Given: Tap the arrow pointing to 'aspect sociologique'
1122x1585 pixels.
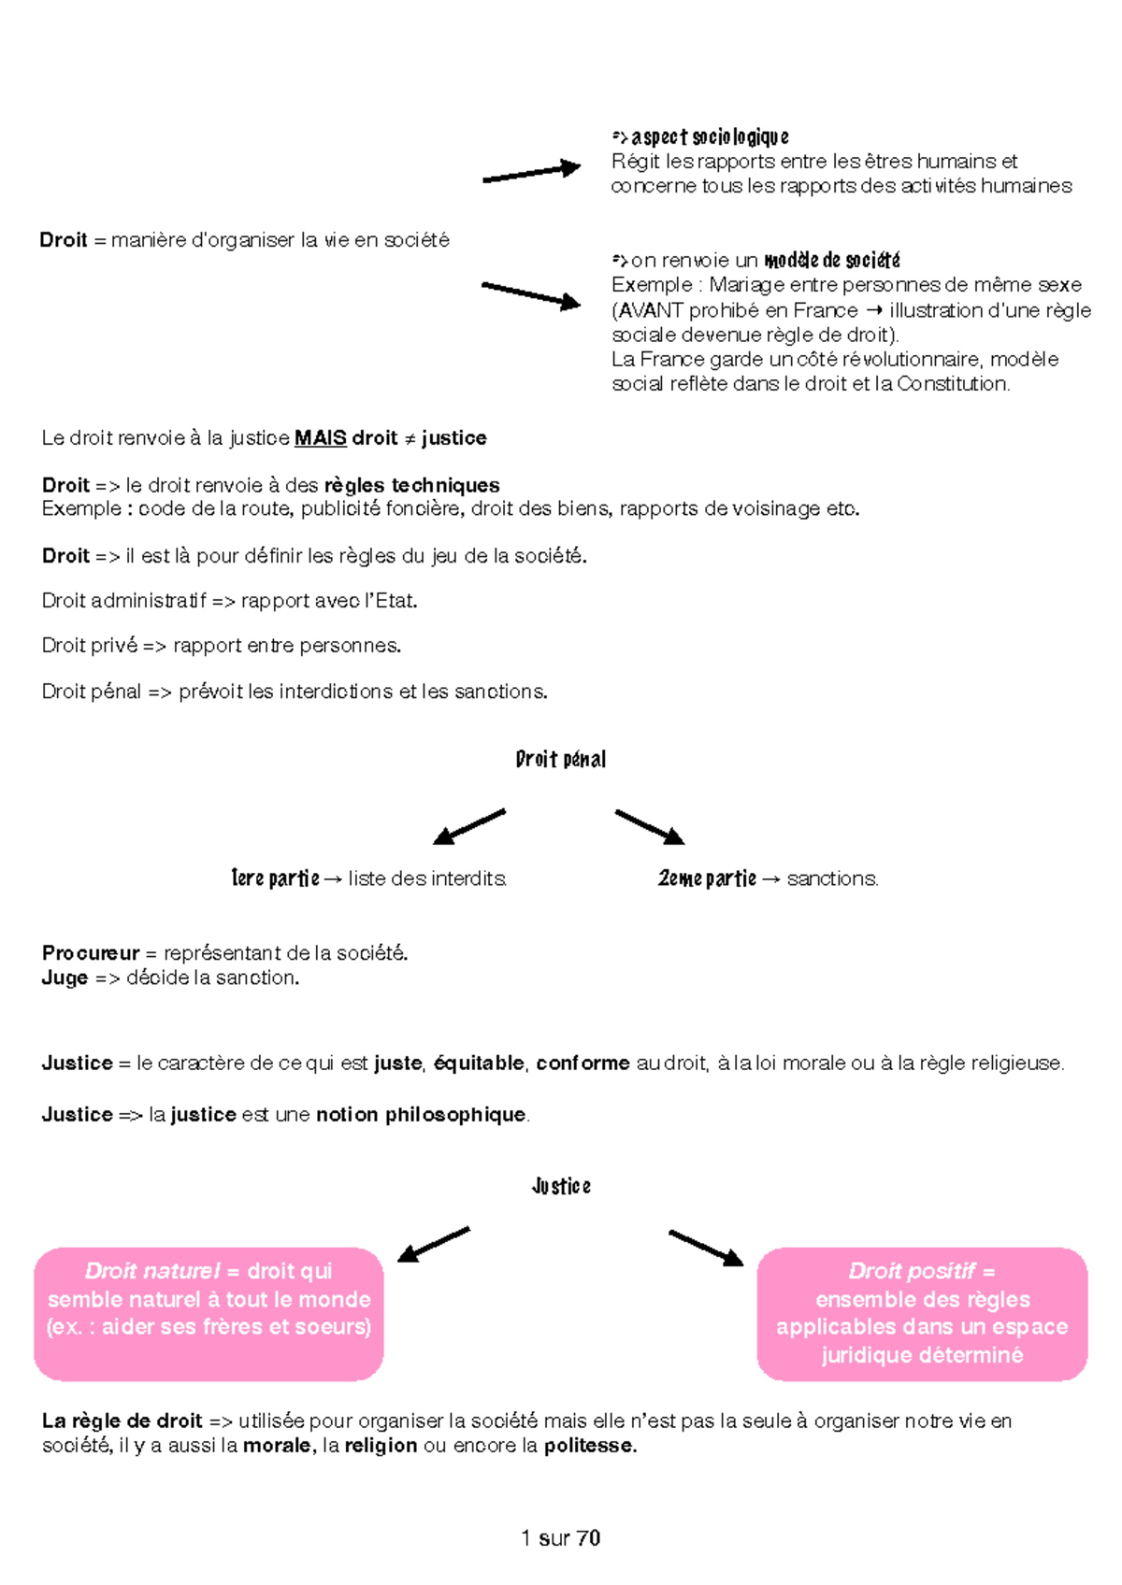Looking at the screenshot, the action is pos(531,172).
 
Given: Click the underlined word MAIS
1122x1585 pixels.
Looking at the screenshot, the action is pos(321,438).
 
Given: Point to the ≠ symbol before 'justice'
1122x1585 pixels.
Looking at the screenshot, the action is pos(410,439).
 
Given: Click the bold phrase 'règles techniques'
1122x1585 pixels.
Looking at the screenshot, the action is pos(412,485).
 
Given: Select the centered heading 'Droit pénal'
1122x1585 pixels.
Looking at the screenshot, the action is pos(561,759).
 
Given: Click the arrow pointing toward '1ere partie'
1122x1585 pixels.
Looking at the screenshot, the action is pos(468,826).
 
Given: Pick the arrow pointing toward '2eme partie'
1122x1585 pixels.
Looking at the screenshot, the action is pos(650,827).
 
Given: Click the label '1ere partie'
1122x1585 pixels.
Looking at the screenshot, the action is pos(276,878).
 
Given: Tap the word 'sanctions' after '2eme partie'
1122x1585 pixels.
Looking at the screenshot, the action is pos(831,878).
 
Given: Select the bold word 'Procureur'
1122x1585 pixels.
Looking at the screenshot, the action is pos(91,953).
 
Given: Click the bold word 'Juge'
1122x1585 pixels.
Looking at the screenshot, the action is pos(65,978).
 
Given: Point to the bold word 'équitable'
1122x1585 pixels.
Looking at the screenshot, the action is pos(479,1063).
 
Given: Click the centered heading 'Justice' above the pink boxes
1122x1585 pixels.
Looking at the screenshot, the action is pos(561,1186).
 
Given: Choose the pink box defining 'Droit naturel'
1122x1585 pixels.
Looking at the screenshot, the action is pos(209,1314).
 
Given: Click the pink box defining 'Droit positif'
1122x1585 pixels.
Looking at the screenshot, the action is pos(922,1314).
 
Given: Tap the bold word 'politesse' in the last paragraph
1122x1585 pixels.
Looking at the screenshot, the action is pos(589,1446).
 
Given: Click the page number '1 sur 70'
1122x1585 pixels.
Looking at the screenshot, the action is pos(560,1537).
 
